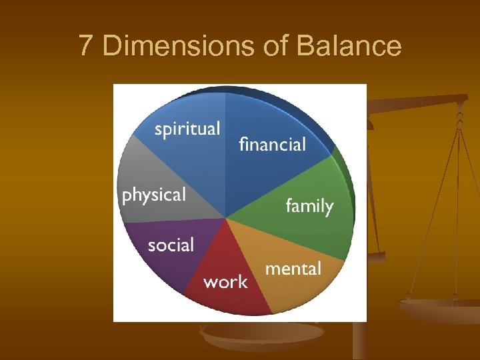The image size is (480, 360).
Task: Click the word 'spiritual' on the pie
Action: point(187,129)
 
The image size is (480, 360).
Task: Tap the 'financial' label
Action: point(272,144)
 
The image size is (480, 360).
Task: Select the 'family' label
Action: point(309,206)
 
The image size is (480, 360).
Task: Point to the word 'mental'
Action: point(293,269)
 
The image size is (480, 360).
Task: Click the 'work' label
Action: point(225,282)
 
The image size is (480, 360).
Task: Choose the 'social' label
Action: point(171,245)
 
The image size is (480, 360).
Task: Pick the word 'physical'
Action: point(153,195)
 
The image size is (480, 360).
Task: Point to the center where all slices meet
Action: point(226,218)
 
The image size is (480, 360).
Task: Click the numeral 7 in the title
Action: point(85,46)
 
